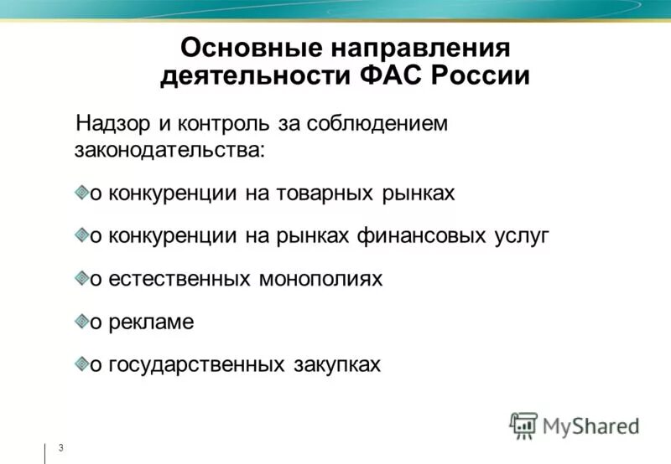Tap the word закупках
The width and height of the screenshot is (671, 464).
point(337,364)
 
